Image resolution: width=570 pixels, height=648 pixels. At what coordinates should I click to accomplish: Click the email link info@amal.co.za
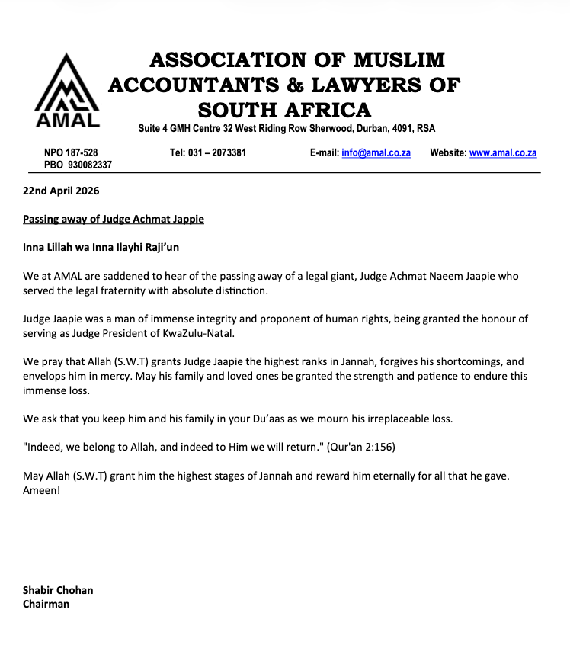coord(376,152)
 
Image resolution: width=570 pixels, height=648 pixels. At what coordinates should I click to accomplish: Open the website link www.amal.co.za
coord(503,152)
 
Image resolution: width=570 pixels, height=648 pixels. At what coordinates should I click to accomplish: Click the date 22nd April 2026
coord(61,191)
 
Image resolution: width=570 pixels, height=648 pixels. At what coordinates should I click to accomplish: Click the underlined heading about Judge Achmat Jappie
coord(114,219)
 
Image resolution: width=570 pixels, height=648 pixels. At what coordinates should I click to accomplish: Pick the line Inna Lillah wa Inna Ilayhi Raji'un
coord(101,247)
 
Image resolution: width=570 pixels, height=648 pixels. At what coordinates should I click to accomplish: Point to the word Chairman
coord(46,604)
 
